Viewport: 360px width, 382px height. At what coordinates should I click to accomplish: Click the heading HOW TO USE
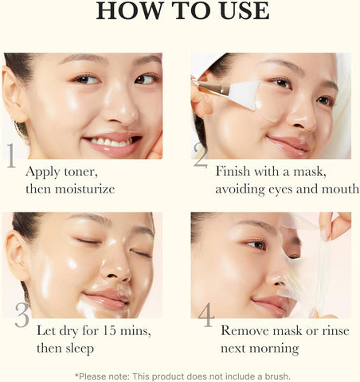[182, 11]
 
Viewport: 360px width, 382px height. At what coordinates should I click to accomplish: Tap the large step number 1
[12, 156]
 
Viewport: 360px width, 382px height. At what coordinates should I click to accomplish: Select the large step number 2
[201, 158]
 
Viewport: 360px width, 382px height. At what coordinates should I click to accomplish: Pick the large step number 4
[206, 315]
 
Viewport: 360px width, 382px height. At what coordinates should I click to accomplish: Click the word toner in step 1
[85, 171]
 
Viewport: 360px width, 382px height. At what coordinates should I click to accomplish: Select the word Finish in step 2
[235, 171]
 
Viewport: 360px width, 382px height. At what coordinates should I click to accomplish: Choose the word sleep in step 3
[80, 348]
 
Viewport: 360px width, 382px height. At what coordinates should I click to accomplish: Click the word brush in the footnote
[273, 375]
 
